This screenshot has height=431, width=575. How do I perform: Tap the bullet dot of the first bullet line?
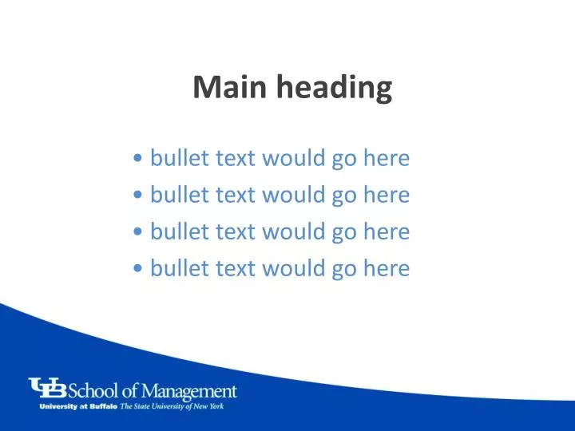[140, 159]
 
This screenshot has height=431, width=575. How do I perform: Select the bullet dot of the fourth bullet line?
[140, 269]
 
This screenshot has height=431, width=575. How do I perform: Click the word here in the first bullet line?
[386, 158]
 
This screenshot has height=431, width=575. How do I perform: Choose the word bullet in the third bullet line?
[180, 231]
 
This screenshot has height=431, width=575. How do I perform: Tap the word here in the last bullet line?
[386, 268]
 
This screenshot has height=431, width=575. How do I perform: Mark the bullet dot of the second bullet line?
[140, 196]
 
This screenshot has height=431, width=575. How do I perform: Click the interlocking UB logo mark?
[48, 388]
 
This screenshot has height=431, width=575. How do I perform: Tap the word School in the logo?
[93, 391]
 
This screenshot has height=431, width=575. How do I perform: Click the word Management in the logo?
[192, 392]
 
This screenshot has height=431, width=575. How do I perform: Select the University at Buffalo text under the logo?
[78, 406]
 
